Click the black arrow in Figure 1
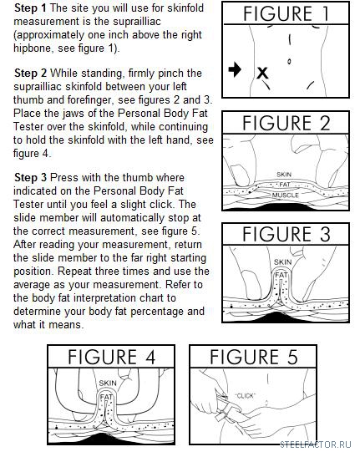pyautogui.click(x=235, y=69)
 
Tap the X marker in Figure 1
pyautogui.click(x=262, y=73)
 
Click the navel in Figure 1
pyautogui.click(x=289, y=62)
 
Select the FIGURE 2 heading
pyautogui.click(x=286, y=123)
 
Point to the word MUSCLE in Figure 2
pyautogui.click(x=286, y=195)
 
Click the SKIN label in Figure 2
pyautogui.click(x=284, y=175)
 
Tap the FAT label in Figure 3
pyautogui.click(x=281, y=275)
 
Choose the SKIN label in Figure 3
pyautogui.click(x=282, y=262)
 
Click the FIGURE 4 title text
pyautogui.click(x=111, y=357)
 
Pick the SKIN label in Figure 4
pyautogui.click(x=108, y=383)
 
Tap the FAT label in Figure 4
pyautogui.click(x=106, y=397)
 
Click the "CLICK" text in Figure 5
pyautogui.click(x=245, y=396)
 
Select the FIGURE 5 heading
pyautogui.click(x=253, y=357)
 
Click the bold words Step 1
pyautogui.click(x=30, y=8)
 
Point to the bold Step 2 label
pyautogui.click(x=30, y=73)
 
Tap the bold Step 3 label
pyautogui.click(x=30, y=177)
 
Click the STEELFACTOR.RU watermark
pyautogui.click(x=316, y=444)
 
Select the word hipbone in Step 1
pyautogui.click(x=33, y=48)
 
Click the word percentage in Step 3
pyautogui.click(x=157, y=312)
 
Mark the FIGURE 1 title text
pyautogui.click(x=286, y=13)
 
